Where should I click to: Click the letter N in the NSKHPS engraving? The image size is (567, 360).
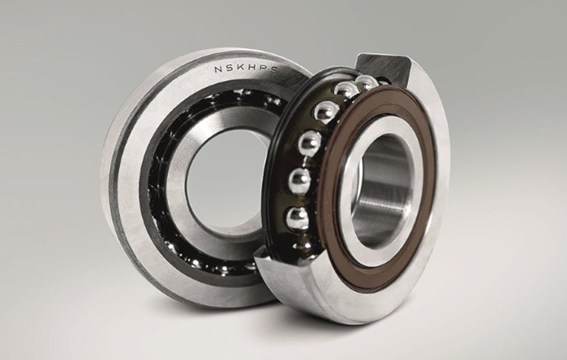point(219,68)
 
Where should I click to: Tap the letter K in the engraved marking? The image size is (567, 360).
point(242,68)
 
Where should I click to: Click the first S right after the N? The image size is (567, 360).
point(230,67)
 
